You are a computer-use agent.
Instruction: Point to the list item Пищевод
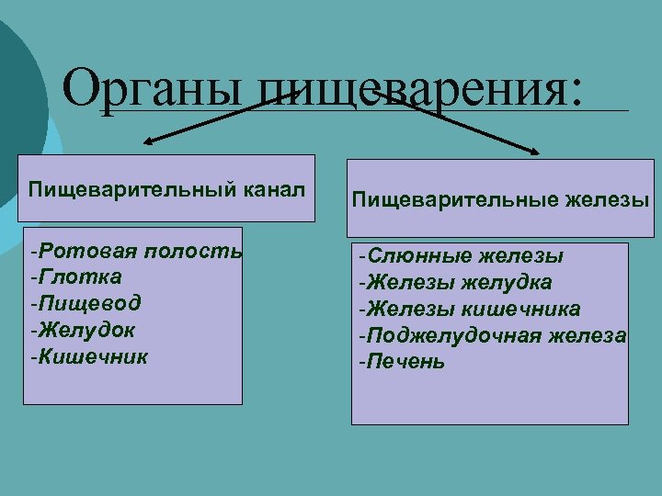[x=85, y=302]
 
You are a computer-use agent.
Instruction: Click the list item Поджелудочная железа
[x=492, y=335]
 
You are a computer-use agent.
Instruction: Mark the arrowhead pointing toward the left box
[x=148, y=143]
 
